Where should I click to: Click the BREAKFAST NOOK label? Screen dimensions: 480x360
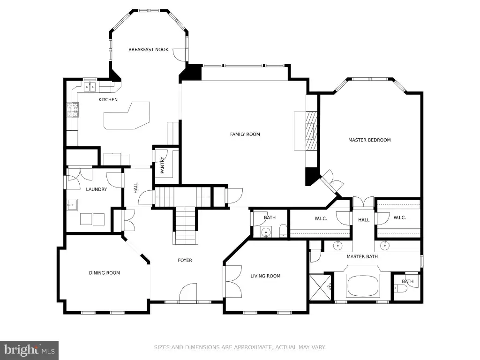148,50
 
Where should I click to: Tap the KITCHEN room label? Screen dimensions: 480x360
108,99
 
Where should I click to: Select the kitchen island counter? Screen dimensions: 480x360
127,116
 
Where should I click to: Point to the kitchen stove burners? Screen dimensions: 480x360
73,110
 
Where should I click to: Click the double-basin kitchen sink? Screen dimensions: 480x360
90,87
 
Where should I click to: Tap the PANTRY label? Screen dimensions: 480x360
162,165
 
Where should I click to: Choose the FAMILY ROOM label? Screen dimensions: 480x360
245,134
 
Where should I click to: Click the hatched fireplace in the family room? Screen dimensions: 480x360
311,131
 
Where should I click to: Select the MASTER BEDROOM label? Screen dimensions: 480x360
369,140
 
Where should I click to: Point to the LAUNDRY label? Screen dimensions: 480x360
97,189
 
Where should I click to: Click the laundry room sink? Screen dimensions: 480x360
72,204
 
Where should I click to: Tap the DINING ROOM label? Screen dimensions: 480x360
105,273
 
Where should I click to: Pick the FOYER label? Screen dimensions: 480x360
185,260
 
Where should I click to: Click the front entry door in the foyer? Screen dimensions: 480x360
187,292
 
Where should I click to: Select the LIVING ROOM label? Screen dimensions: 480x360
265,276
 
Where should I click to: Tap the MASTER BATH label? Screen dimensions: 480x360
362,256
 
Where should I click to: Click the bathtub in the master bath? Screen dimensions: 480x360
363,286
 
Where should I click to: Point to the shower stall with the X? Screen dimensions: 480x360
320,287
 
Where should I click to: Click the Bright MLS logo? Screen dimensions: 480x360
29,350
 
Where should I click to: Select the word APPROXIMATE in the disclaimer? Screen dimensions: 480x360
253,347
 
